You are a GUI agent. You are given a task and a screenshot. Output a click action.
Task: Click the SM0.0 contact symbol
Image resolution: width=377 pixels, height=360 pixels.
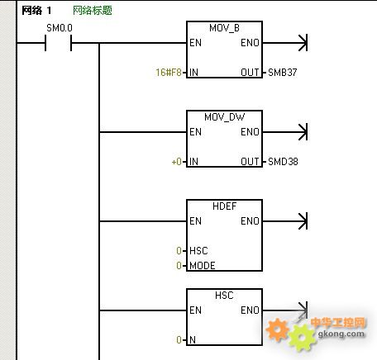58,43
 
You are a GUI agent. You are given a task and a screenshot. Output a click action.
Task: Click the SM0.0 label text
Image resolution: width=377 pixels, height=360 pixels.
60,28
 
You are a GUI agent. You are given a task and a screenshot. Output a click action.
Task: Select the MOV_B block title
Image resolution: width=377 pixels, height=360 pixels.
224,28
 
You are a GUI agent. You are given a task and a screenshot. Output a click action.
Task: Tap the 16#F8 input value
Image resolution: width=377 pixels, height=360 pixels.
169,73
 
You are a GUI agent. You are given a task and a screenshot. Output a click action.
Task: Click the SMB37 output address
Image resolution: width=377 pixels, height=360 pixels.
283,73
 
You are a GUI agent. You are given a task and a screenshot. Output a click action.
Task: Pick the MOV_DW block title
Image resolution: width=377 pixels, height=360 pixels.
224,117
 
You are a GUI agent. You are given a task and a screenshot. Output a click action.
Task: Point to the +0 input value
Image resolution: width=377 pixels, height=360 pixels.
176,162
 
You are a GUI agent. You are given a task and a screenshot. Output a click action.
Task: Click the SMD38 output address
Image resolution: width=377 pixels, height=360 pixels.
283,162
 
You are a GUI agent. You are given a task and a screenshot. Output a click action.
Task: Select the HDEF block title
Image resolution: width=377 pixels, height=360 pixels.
224,206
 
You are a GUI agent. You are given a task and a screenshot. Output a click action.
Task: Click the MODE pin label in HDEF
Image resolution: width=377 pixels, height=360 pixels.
203,266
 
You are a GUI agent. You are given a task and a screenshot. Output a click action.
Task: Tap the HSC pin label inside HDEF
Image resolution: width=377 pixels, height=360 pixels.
198,251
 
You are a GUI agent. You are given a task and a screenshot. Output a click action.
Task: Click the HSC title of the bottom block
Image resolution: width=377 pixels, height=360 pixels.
224,296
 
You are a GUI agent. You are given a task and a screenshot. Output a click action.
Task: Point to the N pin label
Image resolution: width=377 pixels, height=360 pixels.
193,340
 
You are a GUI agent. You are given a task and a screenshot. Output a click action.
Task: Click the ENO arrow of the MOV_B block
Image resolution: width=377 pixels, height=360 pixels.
285,43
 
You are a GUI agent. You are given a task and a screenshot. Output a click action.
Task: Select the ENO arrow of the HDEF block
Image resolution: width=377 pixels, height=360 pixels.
285,221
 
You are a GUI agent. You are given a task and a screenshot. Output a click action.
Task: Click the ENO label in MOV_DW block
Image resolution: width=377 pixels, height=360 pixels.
250,132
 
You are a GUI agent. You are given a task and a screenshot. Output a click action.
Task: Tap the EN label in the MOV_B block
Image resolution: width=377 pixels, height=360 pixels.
195,43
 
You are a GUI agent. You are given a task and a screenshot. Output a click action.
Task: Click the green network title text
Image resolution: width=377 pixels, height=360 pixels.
93,11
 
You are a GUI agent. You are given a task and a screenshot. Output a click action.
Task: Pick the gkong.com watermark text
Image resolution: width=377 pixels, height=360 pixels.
341,334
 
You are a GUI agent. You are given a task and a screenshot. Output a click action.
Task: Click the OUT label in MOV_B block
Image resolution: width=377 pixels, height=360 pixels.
250,73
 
